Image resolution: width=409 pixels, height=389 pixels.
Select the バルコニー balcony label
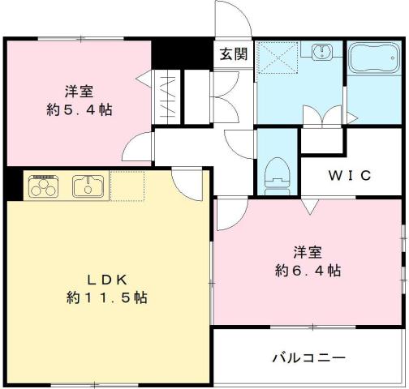[308, 357]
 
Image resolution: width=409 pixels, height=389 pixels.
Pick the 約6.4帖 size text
[307, 270]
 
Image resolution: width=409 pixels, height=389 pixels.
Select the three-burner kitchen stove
[44, 186]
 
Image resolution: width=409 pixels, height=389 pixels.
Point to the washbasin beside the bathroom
[322, 52]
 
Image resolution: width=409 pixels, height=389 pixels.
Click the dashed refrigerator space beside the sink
[127, 186]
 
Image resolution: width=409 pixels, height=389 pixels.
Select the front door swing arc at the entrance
[229, 18]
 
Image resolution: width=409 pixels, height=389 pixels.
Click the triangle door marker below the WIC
[310, 207]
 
